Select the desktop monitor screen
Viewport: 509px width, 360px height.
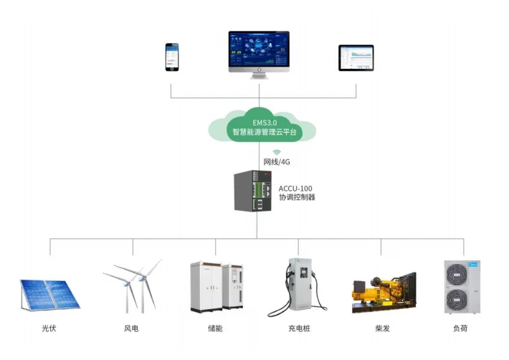click(x=259, y=50)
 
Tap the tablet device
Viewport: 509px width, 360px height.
click(x=356, y=57)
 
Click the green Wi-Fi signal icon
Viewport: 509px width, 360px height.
click(x=276, y=153)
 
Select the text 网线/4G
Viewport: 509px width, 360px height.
click(x=276, y=162)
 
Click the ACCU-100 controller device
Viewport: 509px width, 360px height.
click(x=255, y=190)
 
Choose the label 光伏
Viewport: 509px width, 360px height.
click(x=49, y=331)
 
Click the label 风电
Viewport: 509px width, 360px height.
click(x=130, y=331)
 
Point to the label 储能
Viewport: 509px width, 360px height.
click(x=214, y=331)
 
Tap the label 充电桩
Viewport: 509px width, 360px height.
click(x=298, y=331)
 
